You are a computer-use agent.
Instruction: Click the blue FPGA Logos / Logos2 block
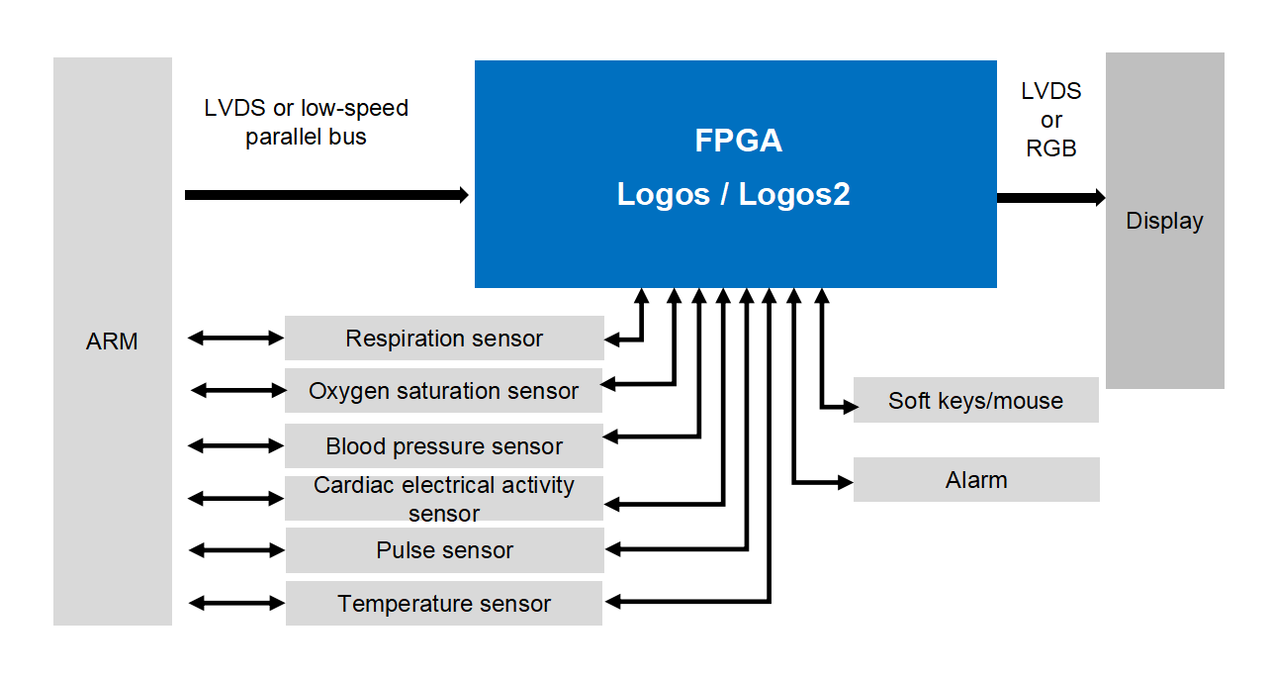click(x=735, y=173)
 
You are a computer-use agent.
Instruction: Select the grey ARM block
click(x=112, y=340)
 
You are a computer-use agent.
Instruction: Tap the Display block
click(x=1164, y=221)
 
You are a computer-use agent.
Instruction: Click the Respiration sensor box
click(x=444, y=339)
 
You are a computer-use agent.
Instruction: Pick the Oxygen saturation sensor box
click(x=443, y=391)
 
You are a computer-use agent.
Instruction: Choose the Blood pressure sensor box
click(x=444, y=446)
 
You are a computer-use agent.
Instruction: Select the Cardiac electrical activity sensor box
click(x=444, y=499)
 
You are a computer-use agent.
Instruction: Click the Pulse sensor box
click(x=444, y=550)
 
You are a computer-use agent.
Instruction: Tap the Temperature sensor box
click(x=444, y=604)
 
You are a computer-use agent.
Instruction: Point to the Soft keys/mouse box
click(x=975, y=401)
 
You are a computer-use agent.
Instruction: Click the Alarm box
click(x=976, y=480)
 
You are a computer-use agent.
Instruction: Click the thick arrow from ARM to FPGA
click(x=326, y=195)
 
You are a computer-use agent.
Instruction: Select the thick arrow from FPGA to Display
click(x=1050, y=198)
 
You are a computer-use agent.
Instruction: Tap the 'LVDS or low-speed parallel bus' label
click(x=306, y=122)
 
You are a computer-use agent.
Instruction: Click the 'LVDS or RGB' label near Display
click(x=1051, y=120)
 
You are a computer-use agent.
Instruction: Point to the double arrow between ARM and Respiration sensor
click(x=235, y=339)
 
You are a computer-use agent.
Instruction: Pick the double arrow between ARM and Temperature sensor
click(x=236, y=603)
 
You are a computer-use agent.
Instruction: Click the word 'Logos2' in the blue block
click(x=793, y=194)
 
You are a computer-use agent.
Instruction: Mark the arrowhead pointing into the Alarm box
click(x=846, y=482)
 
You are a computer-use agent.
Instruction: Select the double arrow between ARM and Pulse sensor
click(x=236, y=549)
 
